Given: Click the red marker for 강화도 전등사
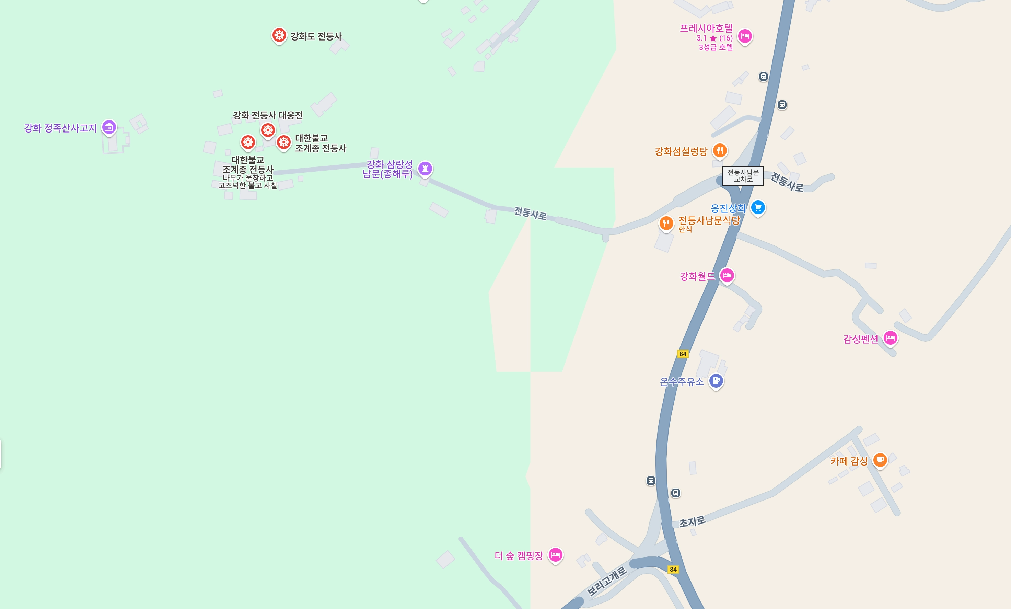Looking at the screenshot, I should tap(279, 35).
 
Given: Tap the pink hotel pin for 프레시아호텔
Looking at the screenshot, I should tap(745, 36).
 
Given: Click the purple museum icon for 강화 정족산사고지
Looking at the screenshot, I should tap(109, 127).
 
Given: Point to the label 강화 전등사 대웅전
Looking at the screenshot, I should tap(268, 115).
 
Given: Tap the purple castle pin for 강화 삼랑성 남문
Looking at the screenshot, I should tap(425, 168).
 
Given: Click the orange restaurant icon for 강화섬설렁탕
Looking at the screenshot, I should tap(720, 150).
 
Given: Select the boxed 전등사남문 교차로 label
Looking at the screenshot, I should tap(743, 176).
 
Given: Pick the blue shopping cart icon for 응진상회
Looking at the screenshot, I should tap(758, 207).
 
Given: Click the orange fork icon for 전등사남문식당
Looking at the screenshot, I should tap(666, 223).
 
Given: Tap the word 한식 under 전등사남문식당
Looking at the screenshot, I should tap(685, 229).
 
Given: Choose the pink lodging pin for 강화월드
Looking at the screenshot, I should tap(727, 275).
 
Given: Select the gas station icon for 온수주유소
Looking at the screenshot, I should tap(716, 380).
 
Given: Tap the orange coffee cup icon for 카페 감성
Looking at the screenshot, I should tap(880, 460).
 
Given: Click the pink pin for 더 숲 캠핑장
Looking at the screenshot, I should tap(556, 555).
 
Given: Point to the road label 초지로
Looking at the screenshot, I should tap(692, 521).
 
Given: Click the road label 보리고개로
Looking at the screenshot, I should tap(607, 581).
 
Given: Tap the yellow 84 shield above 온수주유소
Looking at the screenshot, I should tap(683, 354).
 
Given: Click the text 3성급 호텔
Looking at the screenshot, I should tap(716, 47).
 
